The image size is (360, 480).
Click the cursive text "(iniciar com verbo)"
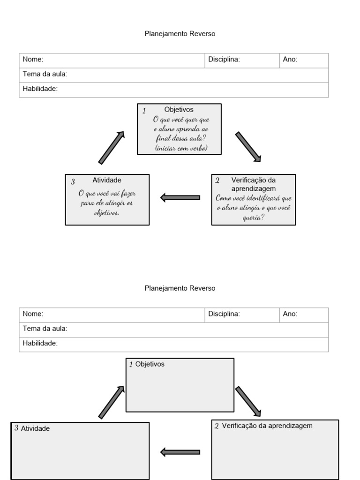(179, 148)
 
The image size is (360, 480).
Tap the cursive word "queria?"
(254, 217)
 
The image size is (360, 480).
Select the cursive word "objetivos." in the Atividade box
(107, 212)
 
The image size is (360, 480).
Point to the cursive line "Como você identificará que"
(254, 198)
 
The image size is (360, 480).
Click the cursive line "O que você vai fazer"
(107, 193)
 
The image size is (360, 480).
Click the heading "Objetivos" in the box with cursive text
(179, 110)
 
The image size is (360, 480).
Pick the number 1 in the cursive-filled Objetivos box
(144, 111)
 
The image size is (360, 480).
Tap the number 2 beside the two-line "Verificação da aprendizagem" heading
(217, 180)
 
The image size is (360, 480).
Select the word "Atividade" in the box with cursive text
(107, 180)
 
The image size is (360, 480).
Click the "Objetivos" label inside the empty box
(150, 364)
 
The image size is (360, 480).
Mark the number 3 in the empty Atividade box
(16, 428)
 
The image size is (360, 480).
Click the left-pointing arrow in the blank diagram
(180, 452)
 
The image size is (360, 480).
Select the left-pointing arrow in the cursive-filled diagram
(180, 197)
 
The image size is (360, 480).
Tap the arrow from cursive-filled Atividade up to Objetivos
(112, 147)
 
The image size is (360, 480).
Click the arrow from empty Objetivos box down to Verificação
(248, 401)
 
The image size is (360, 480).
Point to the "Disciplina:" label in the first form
(224, 60)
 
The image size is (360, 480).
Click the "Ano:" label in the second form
(290, 314)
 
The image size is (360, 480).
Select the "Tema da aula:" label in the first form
(45, 74)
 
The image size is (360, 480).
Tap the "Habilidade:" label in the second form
(40, 344)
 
